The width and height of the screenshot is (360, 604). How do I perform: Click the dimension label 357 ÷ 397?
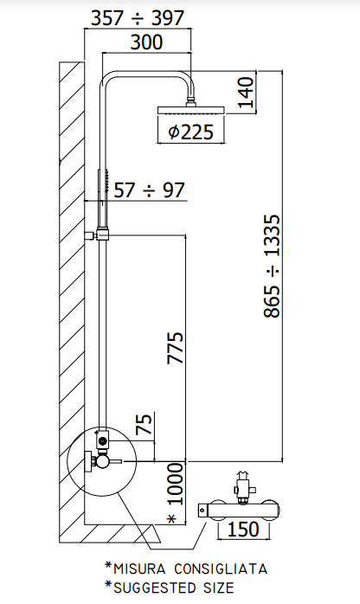tap(138, 18)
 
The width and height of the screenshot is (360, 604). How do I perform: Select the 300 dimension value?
tap(147, 42)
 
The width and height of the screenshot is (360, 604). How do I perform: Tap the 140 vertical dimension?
tap(247, 93)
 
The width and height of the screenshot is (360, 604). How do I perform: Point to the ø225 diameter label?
tap(190, 132)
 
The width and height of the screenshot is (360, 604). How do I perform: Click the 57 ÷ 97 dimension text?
tap(150, 190)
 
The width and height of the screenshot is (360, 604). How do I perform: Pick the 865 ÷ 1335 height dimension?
tap(273, 266)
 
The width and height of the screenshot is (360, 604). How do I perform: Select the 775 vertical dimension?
tap(176, 348)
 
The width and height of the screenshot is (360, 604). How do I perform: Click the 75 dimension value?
tap(145, 424)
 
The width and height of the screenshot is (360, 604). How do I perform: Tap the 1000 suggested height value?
tap(176, 484)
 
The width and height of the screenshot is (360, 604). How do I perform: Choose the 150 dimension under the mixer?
tap(244, 530)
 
